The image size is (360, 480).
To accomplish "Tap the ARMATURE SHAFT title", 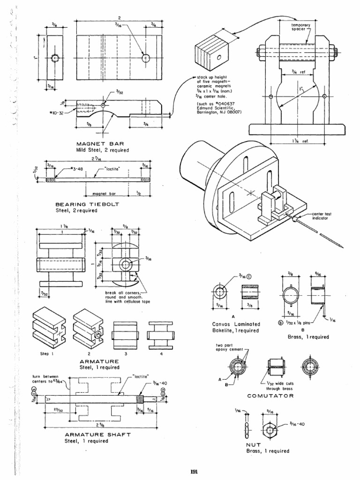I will (x=97, y=435).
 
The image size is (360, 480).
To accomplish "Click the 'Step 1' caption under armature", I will (x=46, y=354).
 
